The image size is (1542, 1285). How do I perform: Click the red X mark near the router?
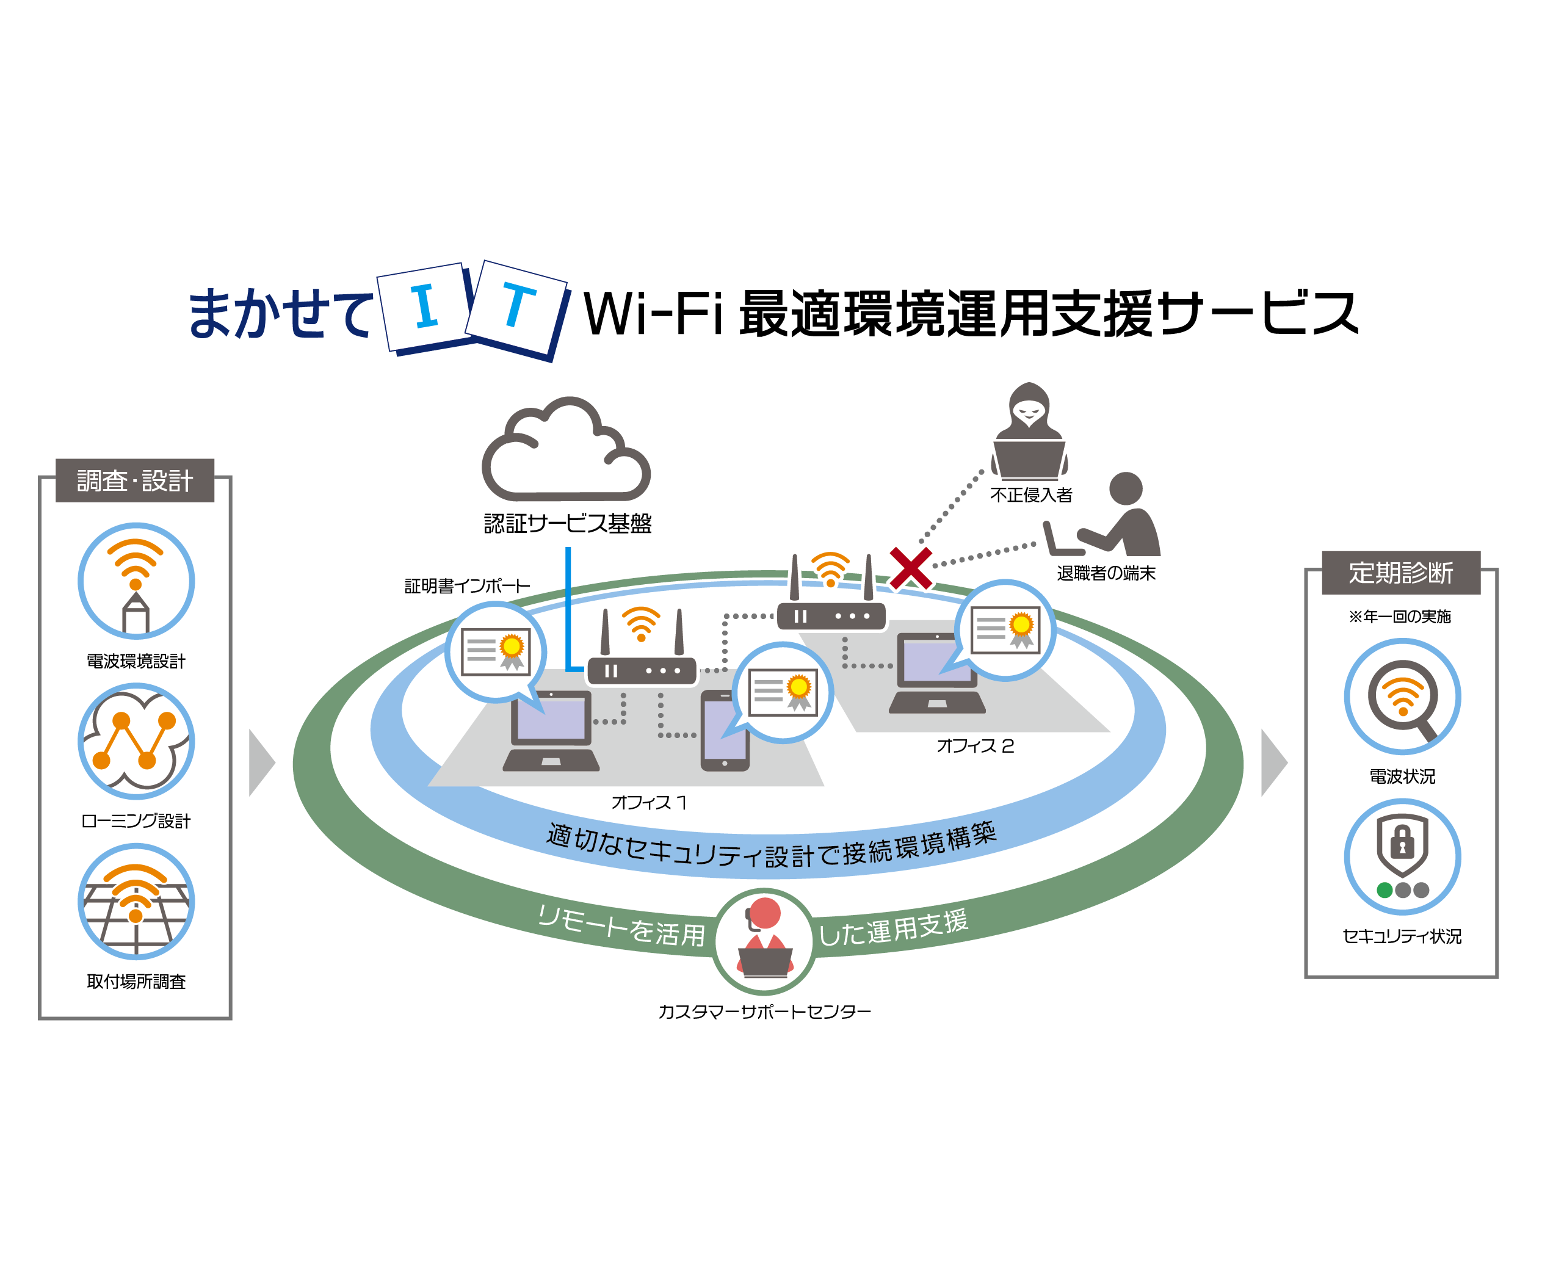coord(911,568)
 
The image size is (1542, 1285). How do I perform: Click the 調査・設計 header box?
coord(135,481)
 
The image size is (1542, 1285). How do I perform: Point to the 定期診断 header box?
coord(1400,573)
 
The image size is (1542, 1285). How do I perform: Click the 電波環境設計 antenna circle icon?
coord(136,581)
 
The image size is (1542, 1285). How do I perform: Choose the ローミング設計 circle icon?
coord(136,741)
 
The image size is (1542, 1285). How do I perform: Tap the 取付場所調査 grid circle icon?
coord(136,901)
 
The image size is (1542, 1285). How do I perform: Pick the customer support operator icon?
coord(764,941)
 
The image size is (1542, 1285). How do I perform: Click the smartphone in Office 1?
coord(724,731)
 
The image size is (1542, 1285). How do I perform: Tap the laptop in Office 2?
coord(937,674)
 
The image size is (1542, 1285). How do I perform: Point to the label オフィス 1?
coord(649,803)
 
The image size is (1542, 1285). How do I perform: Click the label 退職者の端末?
coord(1106,573)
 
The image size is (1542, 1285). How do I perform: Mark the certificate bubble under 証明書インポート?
coord(496,652)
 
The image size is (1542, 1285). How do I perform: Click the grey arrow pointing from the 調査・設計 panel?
coord(261,763)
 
